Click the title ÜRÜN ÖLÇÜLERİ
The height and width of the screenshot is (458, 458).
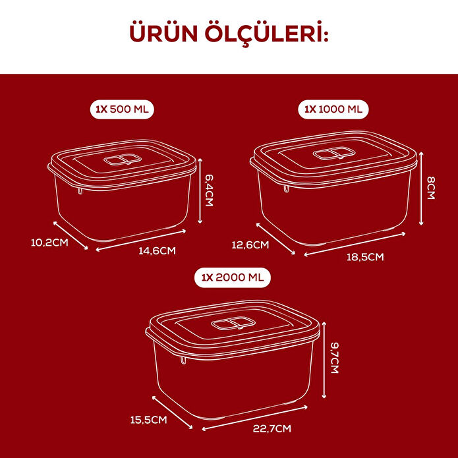click(x=229, y=34)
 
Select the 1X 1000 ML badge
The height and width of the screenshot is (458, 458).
click(x=335, y=109)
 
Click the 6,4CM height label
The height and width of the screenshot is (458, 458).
click(x=209, y=190)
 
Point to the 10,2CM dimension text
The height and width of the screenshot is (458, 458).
click(x=49, y=243)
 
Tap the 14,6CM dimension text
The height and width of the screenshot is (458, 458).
click(x=157, y=250)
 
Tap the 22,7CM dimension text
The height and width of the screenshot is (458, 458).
click(x=271, y=429)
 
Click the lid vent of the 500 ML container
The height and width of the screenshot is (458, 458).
click(x=121, y=161)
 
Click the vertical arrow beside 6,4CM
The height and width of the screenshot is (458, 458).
click(x=199, y=191)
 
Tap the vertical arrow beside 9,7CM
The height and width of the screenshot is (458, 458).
click(x=324, y=363)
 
